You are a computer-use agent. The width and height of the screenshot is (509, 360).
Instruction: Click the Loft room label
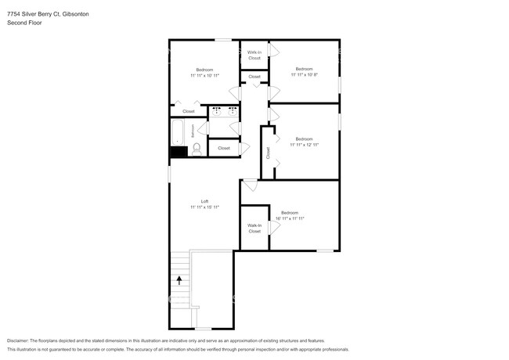204,201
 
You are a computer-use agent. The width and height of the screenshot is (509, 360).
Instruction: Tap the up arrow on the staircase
179,279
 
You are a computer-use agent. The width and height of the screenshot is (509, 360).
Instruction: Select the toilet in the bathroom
197,148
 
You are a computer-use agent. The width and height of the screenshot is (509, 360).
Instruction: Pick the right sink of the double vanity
232,111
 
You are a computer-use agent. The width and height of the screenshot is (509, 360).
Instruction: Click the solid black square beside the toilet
179,151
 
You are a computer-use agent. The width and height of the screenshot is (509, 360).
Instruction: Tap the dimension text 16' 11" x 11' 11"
290,218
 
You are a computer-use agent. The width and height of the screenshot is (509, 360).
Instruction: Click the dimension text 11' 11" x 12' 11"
304,145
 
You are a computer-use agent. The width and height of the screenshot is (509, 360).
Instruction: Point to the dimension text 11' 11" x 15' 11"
204,207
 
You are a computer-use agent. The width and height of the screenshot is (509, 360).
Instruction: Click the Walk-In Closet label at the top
254,56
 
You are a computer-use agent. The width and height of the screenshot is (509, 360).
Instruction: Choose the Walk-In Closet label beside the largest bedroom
254,229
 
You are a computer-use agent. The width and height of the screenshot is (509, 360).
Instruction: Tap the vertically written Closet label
268,153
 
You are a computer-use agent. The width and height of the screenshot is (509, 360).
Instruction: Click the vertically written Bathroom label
193,131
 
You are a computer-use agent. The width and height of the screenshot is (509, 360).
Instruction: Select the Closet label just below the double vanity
224,148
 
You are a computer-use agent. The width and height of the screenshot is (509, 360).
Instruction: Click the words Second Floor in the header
24,23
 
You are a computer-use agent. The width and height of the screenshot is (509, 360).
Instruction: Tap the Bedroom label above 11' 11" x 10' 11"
204,69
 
